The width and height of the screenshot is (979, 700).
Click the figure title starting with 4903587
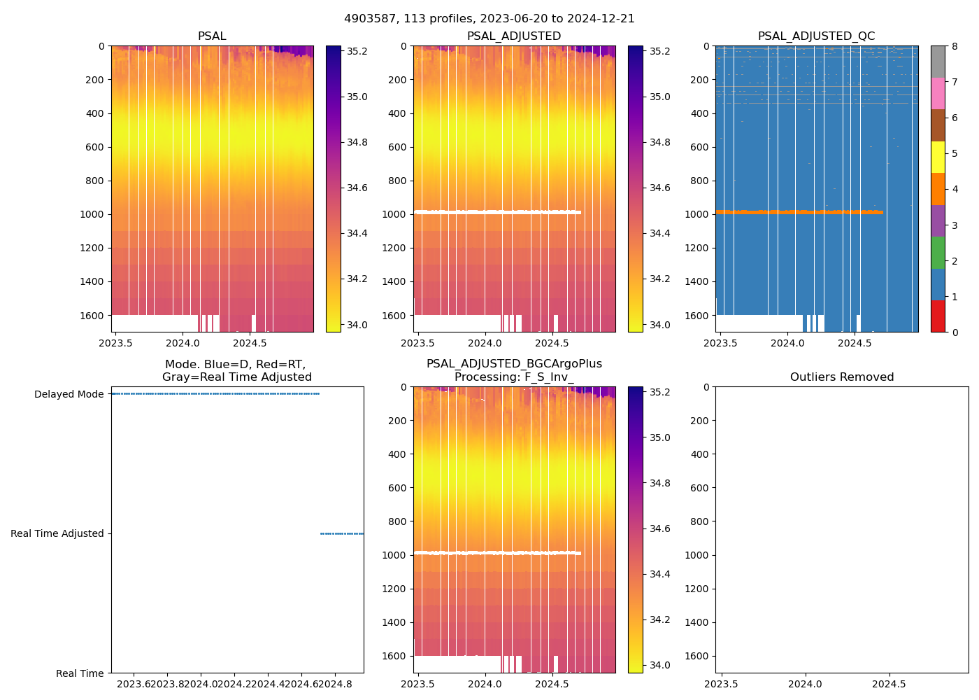coord(489,19)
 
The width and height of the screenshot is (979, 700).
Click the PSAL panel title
coord(212,36)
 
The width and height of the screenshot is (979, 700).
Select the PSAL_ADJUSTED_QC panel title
coord(816,36)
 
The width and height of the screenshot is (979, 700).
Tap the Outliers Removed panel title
coord(841,377)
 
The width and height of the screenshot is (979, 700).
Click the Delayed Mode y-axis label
coord(69,394)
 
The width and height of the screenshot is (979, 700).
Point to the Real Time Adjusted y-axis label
coord(57,533)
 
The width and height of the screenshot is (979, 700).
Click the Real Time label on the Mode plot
coord(80,673)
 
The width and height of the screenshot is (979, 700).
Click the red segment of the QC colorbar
coord(938,316)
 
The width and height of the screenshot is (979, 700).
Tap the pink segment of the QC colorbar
coord(938,93)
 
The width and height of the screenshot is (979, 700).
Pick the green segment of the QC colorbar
coord(938,253)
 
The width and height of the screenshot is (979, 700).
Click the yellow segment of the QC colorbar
coord(938,157)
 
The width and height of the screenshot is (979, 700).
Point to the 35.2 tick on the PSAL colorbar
coord(357,51)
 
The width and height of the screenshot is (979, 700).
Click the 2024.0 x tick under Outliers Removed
coord(805,684)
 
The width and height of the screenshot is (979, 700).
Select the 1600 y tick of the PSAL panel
coord(92,316)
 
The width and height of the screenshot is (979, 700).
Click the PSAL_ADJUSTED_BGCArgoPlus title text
coord(514,364)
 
